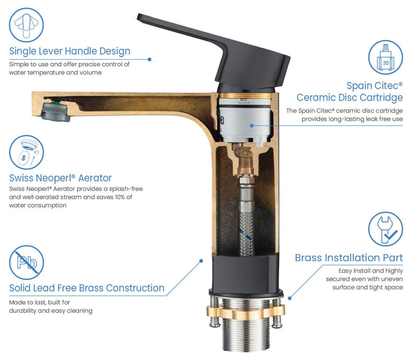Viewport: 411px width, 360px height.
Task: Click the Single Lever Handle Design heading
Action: click(x=70, y=51)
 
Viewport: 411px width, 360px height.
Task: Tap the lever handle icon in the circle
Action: click(x=26, y=25)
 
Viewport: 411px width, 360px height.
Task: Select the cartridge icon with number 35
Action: click(x=385, y=57)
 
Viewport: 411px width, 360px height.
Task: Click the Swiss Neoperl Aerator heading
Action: click(x=60, y=178)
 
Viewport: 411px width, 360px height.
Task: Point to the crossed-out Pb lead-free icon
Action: click(x=27, y=263)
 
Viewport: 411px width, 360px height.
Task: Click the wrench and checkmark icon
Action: click(x=385, y=229)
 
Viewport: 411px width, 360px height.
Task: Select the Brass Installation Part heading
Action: click(x=349, y=258)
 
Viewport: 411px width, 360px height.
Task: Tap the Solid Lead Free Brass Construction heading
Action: click(x=87, y=288)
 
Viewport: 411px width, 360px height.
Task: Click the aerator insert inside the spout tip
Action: click(x=56, y=112)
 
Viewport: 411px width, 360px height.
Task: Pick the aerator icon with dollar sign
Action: click(x=27, y=152)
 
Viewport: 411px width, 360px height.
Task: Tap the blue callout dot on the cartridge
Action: click(x=252, y=126)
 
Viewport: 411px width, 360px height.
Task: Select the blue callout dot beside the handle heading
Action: click(x=149, y=59)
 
